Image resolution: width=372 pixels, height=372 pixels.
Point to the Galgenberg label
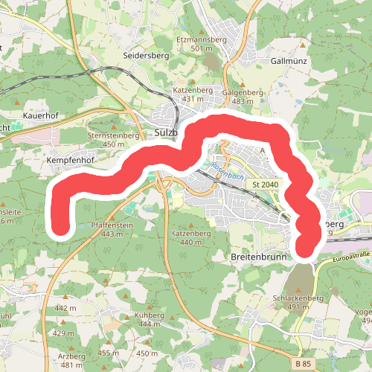243,92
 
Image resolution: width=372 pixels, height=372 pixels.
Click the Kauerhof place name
40,117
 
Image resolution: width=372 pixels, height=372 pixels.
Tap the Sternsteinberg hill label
114,136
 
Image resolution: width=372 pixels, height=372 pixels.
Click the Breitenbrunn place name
255,255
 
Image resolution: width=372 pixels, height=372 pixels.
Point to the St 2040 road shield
265,184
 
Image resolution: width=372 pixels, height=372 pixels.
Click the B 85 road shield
301,362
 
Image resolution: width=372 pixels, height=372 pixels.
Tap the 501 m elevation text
196,48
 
